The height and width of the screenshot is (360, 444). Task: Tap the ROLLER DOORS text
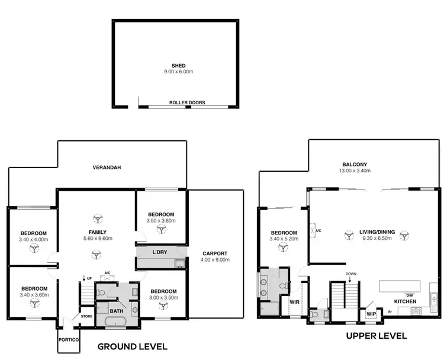pyautogui.click(x=187, y=102)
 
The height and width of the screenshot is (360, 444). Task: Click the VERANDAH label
pyautogui.click(x=107, y=168)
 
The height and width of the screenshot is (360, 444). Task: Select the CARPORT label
pyautogui.click(x=214, y=253)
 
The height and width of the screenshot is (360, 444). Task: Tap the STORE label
pyautogui.click(x=86, y=308)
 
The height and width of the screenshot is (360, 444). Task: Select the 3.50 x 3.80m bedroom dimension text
pyautogui.click(x=161, y=221)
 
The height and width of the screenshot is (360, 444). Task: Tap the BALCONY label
pyautogui.click(x=355, y=165)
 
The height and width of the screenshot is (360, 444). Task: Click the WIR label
pyautogui.click(x=294, y=301)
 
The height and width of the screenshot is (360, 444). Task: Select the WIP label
pyautogui.click(x=371, y=313)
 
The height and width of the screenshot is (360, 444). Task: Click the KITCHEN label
pyautogui.click(x=406, y=301)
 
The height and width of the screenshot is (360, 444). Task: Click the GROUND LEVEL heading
pyautogui.click(x=132, y=346)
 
